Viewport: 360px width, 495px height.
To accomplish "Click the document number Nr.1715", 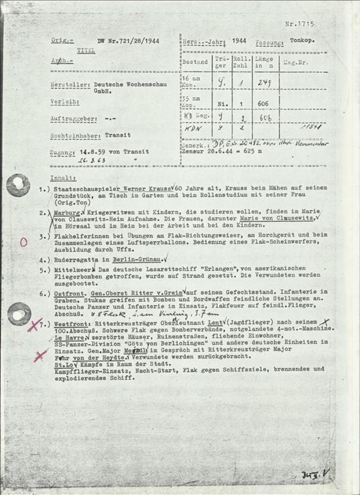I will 300,24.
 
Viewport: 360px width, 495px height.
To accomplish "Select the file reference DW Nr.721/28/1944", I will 129,41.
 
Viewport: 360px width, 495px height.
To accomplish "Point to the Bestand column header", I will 195,62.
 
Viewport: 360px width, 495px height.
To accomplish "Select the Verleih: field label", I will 65,102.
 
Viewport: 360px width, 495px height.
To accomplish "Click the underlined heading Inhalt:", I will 63,177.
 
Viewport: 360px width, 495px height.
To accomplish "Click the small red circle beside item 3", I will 23,242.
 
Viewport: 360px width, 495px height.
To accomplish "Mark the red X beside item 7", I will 35,325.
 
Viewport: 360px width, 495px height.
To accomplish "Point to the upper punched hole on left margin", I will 18,185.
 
